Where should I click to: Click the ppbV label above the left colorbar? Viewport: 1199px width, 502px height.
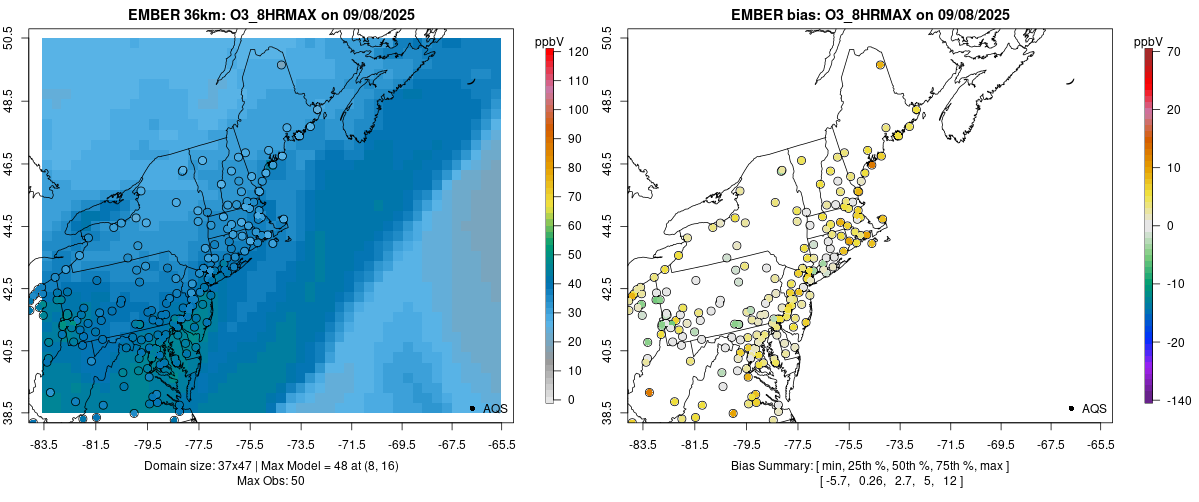550,41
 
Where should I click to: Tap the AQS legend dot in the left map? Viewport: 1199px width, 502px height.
472,408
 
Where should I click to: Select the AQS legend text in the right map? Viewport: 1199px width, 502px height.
1094,408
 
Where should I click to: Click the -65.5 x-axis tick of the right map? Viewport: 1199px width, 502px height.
1100,444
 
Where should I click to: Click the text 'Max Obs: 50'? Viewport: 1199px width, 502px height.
271,481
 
